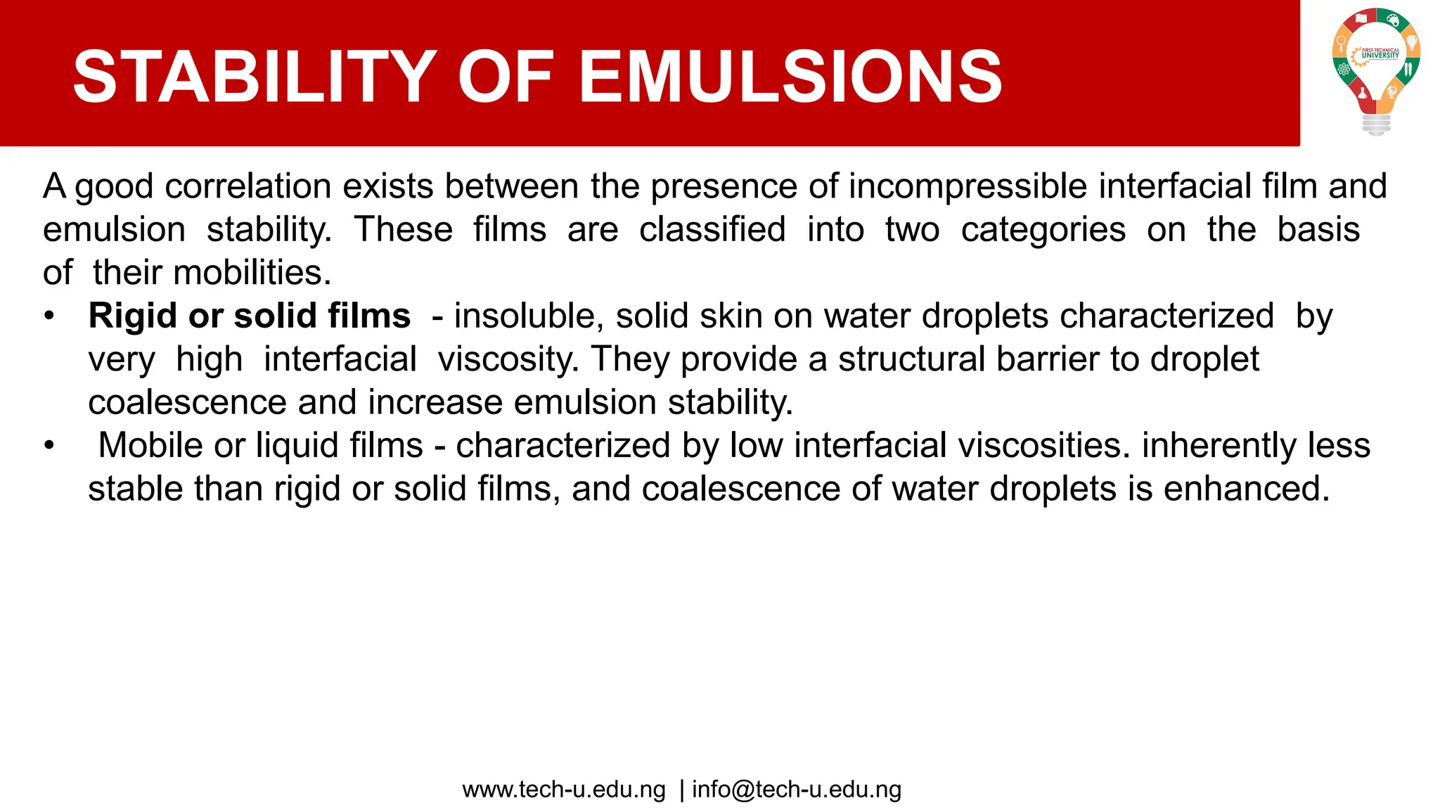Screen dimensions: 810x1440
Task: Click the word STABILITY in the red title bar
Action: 255,77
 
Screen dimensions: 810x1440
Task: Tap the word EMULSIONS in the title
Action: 790,77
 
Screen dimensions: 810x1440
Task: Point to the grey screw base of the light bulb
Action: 1376,124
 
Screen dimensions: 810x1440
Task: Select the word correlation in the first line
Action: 248,186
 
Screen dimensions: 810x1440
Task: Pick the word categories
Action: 1043,230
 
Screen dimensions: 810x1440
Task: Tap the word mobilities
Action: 252,273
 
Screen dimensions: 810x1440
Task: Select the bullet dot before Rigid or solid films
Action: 49,316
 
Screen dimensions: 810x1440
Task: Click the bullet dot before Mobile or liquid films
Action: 49,445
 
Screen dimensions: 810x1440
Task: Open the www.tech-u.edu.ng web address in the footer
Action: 564,790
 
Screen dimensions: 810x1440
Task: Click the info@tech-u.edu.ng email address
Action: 797,790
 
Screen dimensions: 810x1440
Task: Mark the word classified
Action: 712,230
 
